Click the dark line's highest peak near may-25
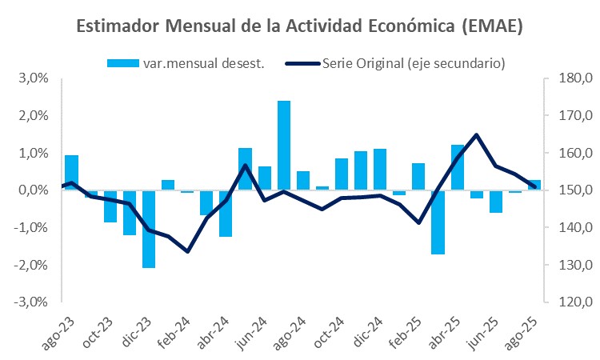pos(477,134)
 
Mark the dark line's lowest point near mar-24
pos(187,251)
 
